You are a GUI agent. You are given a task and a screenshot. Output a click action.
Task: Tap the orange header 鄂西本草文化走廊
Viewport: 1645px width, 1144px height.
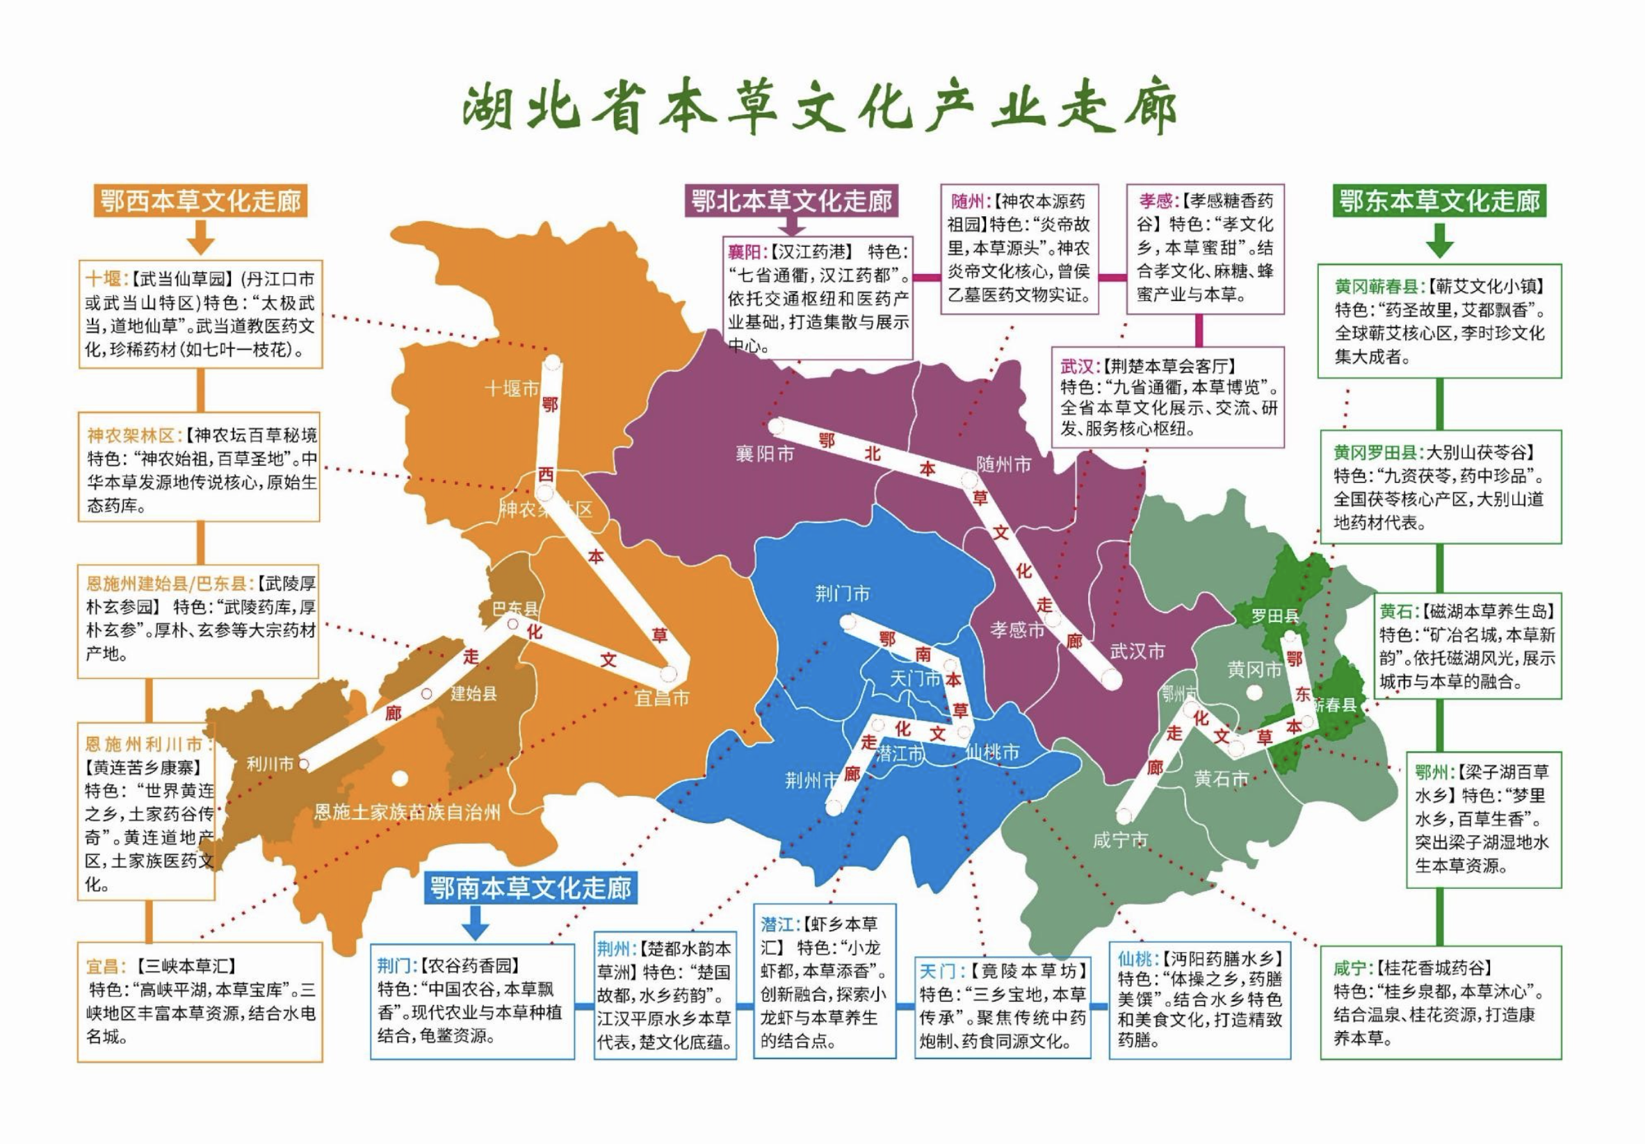pyautogui.click(x=200, y=202)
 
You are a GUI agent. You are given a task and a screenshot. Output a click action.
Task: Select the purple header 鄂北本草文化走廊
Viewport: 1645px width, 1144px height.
pyautogui.click(x=791, y=201)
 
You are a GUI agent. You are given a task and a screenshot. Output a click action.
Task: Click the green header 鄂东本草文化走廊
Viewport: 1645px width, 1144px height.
pyautogui.click(x=1439, y=202)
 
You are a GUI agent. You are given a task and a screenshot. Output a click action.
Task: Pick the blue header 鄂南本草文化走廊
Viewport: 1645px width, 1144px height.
pyautogui.click(x=530, y=888)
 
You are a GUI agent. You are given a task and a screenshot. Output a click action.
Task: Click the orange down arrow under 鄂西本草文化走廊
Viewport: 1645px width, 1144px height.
pyautogui.click(x=201, y=236)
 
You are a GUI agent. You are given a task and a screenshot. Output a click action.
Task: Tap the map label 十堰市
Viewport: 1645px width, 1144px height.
pyautogui.click(x=512, y=389)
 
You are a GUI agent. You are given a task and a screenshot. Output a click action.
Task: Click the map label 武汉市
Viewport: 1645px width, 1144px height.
pyautogui.click(x=1137, y=651)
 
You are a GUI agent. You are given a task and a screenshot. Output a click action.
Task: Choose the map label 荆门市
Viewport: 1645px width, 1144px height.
pyautogui.click(x=843, y=593)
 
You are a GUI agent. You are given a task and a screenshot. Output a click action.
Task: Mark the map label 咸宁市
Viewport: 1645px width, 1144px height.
pyautogui.click(x=1120, y=840)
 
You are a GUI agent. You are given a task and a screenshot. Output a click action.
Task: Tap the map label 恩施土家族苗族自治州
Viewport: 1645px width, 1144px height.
pyautogui.click(x=407, y=812)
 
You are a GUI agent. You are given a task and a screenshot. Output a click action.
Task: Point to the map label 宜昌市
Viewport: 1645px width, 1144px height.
pyautogui.click(x=661, y=698)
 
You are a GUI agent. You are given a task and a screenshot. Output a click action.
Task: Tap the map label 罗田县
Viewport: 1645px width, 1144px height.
pyautogui.click(x=1274, y=616)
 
